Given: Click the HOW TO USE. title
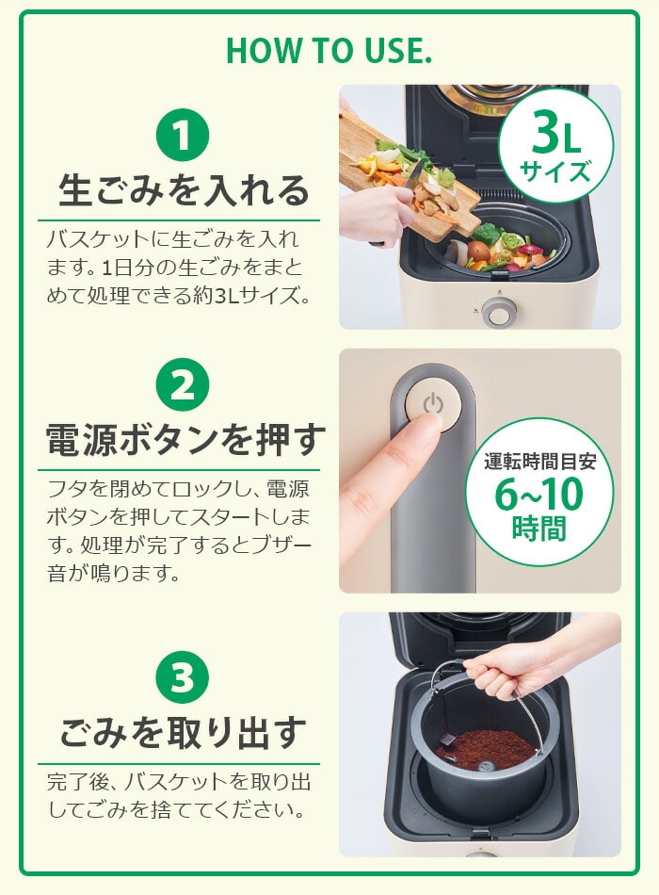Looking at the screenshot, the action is pyautogui.click(x=329, y=51).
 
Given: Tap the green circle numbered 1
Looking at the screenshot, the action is pyautogui.click(x=183, y=136).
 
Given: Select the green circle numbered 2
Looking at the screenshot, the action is pyautogui.click(x=183, y=384).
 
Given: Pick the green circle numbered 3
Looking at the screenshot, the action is pyautogui.click(x=183, y=675).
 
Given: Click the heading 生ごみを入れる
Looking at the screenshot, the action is pyautogui.click(x=184, y=190).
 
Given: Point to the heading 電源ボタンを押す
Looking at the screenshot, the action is pyautogui.click(x=185, y=440).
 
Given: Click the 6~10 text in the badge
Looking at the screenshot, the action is pyautogui.click(x=539, y=494).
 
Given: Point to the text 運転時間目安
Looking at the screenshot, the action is pyautogui.click(x=539, y=462).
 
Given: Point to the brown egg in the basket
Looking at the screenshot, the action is pyautogui.click(x=477, y=250).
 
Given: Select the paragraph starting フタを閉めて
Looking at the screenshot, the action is pyautogui.click(x=179, y=530).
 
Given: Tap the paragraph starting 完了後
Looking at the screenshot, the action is pyautogui.click(x=179, y=795).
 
